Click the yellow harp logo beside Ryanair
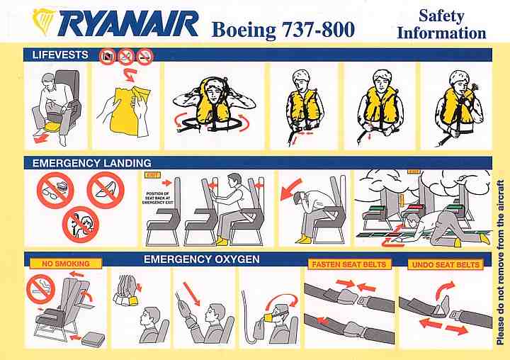(x=44, y=21)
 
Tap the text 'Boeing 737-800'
(x=283, y=30)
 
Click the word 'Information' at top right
(x=441, y=33)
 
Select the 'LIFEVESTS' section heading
(x=60, y=55)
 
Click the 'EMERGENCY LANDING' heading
(x=92, y=163)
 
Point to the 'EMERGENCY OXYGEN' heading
(x=202, y=259)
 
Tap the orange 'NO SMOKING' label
(x=66, y=264)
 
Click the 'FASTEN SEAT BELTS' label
(x=349, y=264)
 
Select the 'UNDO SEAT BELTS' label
(x=446, y=264)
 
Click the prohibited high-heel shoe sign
(x=106, y=190)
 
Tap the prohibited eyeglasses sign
(x=55, y=190)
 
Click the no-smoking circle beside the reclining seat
(x=40, y=289)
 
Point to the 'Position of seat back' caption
(x=158, y=198)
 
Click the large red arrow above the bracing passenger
(x=291, y=189)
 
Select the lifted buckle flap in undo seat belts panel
(x=443, y=305)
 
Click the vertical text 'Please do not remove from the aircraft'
(x=501, y=262)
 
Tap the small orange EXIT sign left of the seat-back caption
(x=152, y=175)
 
